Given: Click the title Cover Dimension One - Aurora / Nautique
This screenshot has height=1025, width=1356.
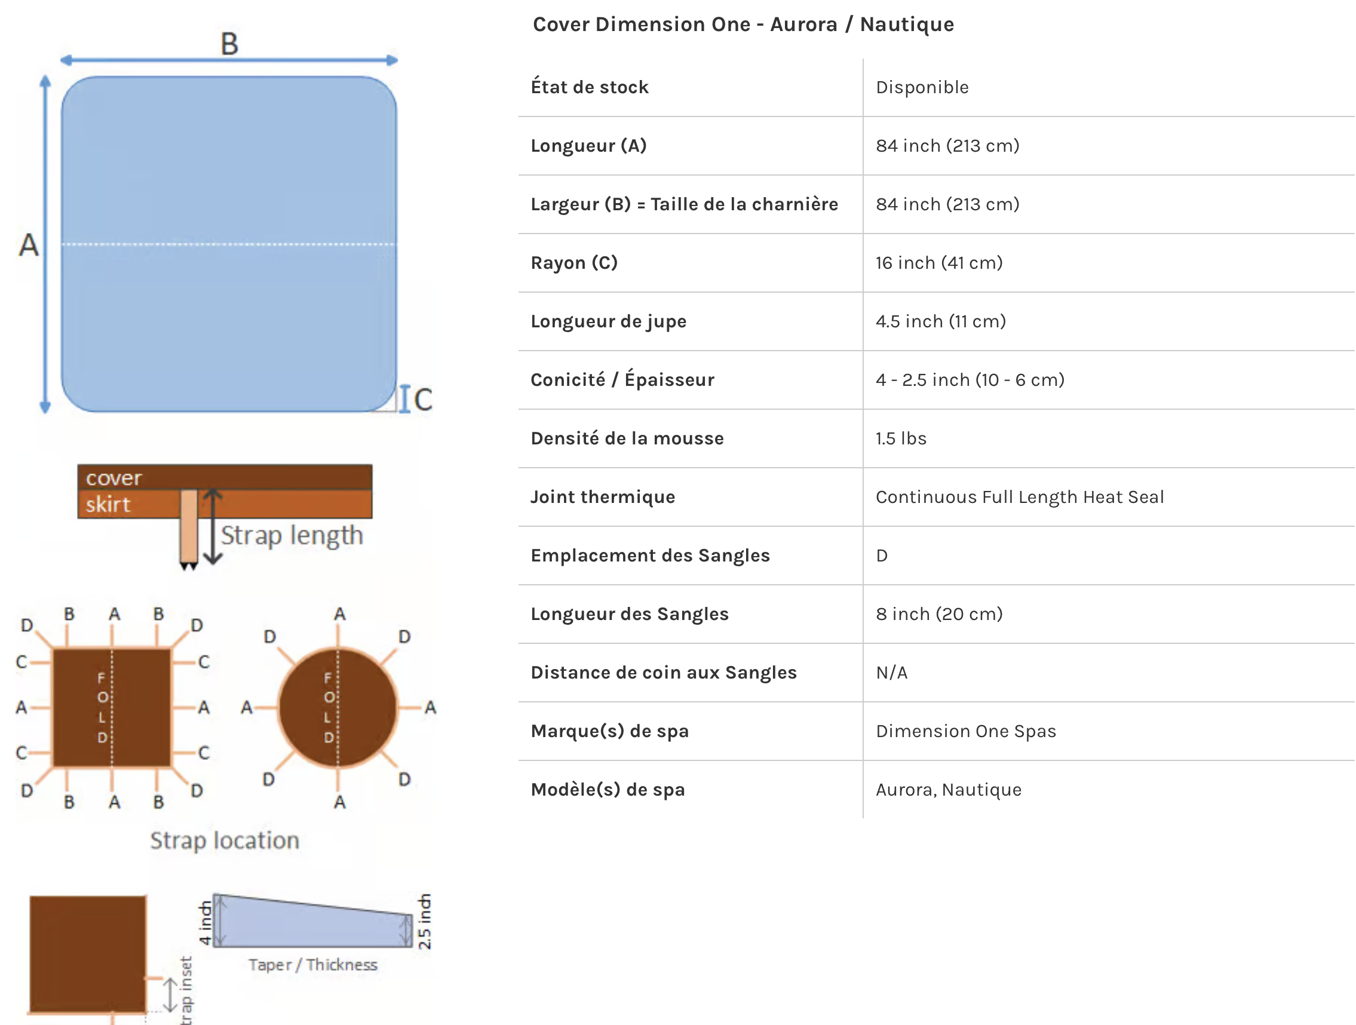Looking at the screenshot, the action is [x=743, y=24].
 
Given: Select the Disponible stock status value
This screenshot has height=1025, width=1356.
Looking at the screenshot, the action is [x=922, y=87].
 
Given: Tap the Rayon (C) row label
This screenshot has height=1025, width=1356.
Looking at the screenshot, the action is [x=574, y=262].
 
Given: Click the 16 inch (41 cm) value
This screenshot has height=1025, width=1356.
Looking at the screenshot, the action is [x=938, y=262].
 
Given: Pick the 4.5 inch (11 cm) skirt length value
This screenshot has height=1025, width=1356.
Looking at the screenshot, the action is [x=940, y=321].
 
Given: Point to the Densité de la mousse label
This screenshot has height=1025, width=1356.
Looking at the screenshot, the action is [x=627, y=438].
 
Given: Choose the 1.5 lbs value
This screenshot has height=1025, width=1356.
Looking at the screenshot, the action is [x=901, y=438].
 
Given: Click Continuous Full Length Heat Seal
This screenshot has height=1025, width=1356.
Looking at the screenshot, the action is [x=1020, y=496].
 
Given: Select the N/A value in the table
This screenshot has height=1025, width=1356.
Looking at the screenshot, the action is [x=891, y=673].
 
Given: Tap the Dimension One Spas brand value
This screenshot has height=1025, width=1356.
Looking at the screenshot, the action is [x=965, y=731].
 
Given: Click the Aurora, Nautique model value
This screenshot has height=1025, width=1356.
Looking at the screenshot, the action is [x=949, y=790].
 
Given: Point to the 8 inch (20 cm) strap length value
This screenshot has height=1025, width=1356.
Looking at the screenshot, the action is [x=938, y=613].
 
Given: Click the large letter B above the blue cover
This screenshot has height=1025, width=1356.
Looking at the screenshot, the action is [x=229, y=44].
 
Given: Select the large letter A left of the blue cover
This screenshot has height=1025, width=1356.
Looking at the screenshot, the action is [x=28, y=245].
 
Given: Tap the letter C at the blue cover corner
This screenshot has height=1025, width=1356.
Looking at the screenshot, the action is [x=422, y=400].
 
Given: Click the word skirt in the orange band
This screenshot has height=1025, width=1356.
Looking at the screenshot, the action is [x=108, y=505].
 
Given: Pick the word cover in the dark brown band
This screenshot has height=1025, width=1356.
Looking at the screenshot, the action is [x=113, y=478].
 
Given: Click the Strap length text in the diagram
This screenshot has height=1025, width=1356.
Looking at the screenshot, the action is [x=292, y=535].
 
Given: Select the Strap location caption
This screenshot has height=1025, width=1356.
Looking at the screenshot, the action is [x=225, y=840].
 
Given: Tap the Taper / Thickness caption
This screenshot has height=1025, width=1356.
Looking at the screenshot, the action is [x=312, y=964].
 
